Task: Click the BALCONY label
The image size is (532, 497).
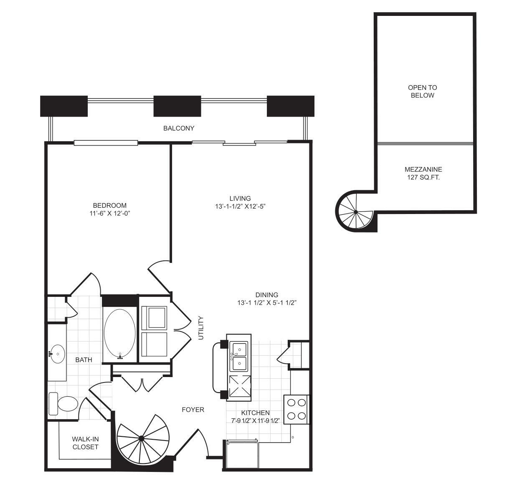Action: point(179,128)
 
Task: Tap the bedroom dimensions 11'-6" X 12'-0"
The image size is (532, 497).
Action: point(110,214)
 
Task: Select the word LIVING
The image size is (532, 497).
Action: point(240,199)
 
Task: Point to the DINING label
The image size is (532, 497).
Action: point(266,295)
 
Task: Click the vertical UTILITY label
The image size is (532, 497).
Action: point(201,328)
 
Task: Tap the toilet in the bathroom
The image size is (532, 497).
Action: point(63,404)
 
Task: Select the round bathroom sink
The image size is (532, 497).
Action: point(58,354)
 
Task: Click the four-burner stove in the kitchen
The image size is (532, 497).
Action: point(296,409)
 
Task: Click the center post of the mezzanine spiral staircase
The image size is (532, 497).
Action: point(356,212)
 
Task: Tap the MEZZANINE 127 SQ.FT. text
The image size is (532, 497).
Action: point(423,173)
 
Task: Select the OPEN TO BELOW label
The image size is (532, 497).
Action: point(423,92)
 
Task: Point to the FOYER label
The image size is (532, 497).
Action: point(193,410)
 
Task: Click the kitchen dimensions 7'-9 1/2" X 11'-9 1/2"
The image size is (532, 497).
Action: point(255,420)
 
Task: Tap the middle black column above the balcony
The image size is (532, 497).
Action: point(177,106)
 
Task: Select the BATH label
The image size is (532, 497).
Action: point(84,360)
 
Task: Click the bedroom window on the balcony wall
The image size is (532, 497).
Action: point(106,143)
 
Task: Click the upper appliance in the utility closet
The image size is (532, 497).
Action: point(154,318)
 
